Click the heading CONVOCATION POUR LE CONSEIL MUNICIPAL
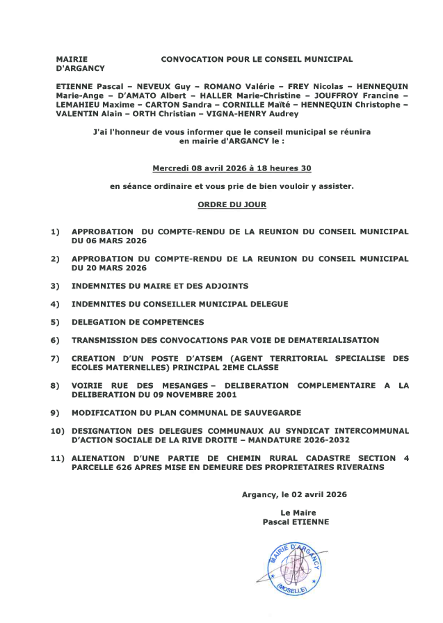257,60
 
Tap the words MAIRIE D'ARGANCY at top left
79,64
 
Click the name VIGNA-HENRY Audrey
256,114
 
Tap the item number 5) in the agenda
55,323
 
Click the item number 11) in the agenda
58,458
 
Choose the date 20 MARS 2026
109,268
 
